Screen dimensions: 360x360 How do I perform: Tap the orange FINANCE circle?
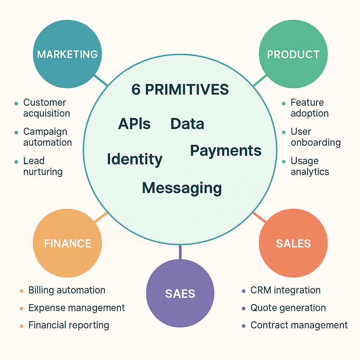67,243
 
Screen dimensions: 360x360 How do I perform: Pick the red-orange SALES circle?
293,243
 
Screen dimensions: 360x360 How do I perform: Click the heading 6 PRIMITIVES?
180,90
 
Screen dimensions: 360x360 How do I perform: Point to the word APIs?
134,124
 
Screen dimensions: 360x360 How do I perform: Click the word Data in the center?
187,124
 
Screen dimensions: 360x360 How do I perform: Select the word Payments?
226,150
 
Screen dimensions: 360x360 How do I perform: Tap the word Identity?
135,159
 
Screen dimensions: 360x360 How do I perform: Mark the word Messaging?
182,188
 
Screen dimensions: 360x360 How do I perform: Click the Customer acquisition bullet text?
46,108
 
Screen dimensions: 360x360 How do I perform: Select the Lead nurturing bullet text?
43,166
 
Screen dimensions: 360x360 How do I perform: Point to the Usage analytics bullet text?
310,166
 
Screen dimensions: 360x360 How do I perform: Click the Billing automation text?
67,290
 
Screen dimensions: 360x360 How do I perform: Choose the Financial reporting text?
69,325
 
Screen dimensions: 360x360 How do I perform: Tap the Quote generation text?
288,308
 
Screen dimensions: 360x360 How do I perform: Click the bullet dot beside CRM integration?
244,291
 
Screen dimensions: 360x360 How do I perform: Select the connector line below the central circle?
180,252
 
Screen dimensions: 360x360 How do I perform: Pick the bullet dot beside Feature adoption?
284,104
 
